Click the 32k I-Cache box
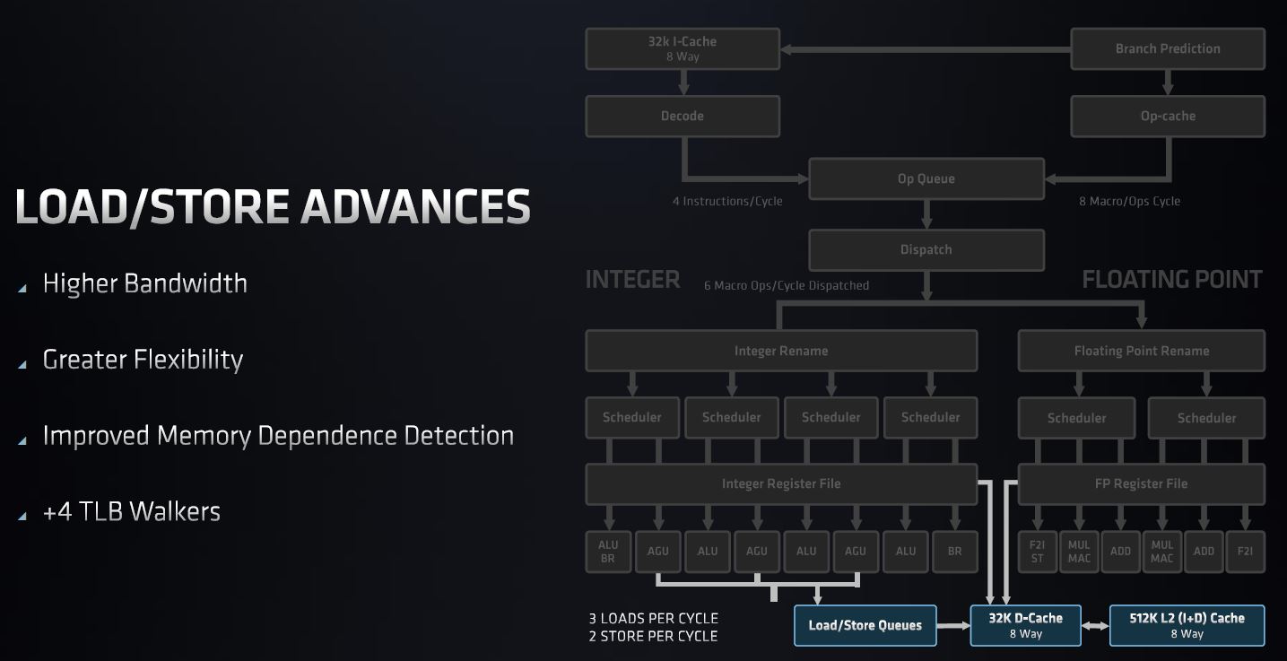682,48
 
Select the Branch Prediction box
1168,48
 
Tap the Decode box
682,116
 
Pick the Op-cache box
1168,116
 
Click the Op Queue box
926,178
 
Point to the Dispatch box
926,249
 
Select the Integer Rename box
780,351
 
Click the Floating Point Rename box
1141,351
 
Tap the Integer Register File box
780,483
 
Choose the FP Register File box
1141,483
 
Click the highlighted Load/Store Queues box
865,625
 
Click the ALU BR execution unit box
608,551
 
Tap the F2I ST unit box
1037,551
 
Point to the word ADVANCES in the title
415,207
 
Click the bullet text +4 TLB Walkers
131,511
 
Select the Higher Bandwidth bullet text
144,283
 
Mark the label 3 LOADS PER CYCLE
653,618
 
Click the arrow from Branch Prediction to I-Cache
924,48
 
